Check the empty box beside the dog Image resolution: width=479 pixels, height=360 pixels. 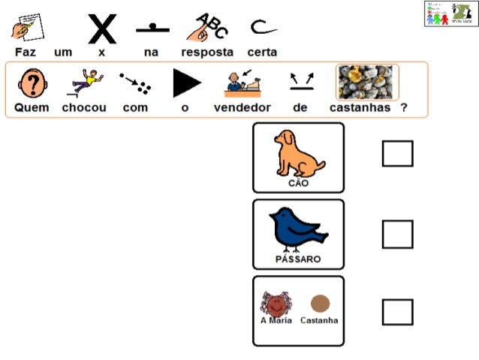(397, 153)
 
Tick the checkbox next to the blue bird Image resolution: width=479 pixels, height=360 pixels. (397, 234)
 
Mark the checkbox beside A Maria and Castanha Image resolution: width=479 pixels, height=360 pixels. (397, 312)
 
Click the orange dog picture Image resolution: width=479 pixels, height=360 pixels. (298, 153)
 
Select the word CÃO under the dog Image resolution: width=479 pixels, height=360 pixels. (299, 183)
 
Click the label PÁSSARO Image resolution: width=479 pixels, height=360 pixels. (298, 259)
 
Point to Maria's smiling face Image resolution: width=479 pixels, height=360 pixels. (276, 304)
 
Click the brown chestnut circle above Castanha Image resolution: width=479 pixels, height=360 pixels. (321, 303)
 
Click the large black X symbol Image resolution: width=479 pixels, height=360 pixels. (102, 29)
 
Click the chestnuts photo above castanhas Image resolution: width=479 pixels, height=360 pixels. (366, 82)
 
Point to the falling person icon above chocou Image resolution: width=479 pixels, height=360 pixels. (83, 82)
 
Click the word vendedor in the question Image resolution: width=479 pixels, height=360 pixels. (243, 107)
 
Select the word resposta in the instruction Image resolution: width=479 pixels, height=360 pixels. (207, 53)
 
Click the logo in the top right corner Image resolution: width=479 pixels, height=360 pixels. (451, 14)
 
